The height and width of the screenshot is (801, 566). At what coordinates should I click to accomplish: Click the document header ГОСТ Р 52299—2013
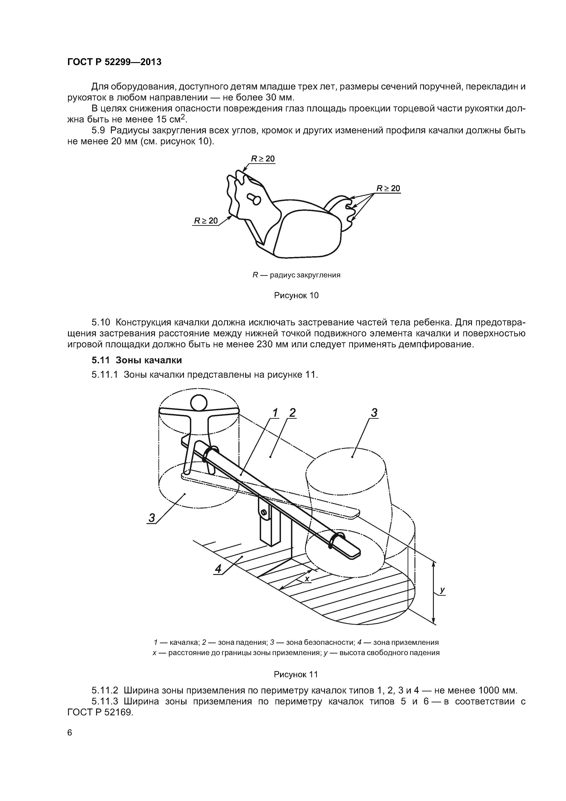click(x=114, y=62)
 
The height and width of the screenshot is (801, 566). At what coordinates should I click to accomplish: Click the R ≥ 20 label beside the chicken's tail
click(x=388, y=189)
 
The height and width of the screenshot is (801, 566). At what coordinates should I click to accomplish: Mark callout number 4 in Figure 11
click(x=218, y=569)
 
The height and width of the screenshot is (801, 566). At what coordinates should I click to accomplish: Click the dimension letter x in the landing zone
click(x=307, y=579)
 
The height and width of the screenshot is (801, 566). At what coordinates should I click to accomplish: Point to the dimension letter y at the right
click(x=442, y=590)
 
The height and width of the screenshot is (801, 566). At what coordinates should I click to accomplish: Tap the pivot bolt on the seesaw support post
click(x=264, y=512)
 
